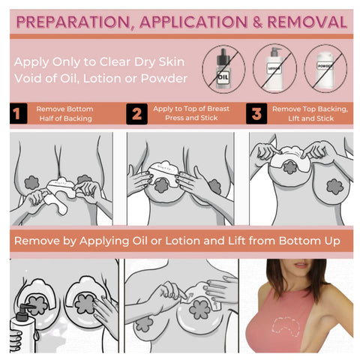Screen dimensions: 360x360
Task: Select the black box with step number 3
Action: [256, 114]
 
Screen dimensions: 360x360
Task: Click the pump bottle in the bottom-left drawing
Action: [22, 330]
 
